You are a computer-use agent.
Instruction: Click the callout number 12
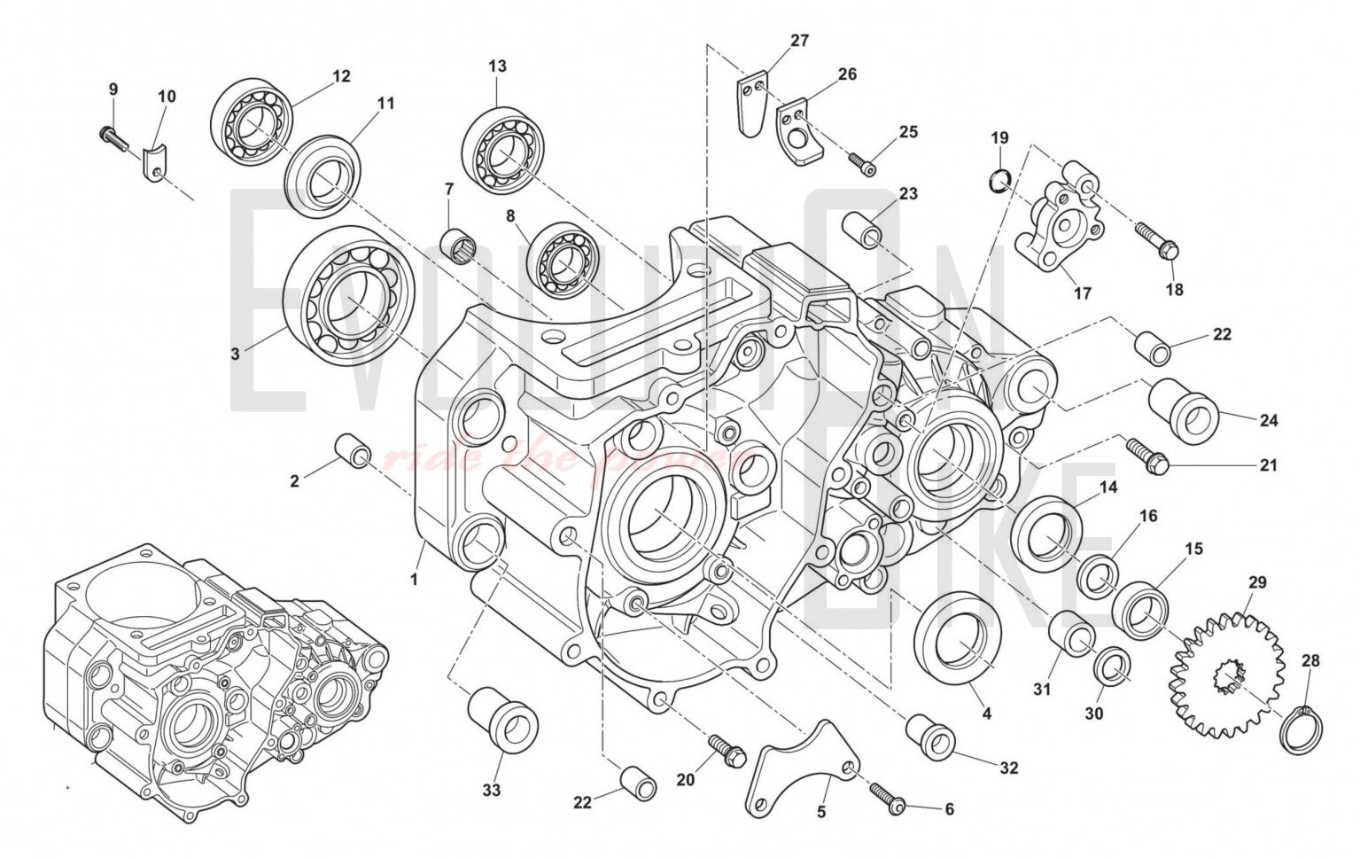point(341,76)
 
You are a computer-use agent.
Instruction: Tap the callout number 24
point(1269,420)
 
